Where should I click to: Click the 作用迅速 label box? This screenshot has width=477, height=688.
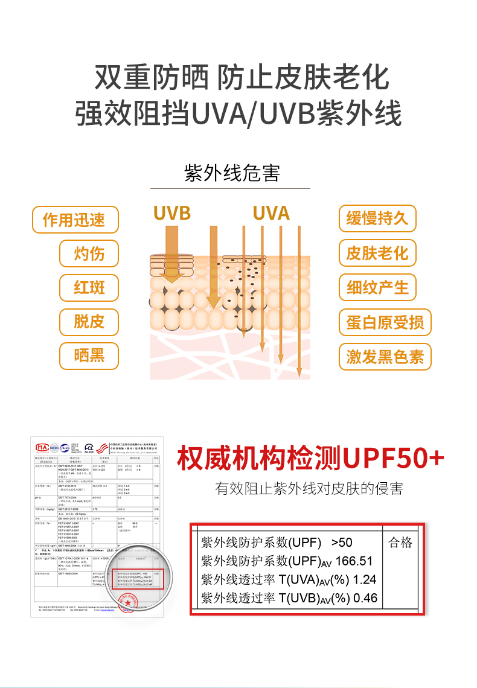pos(75,220)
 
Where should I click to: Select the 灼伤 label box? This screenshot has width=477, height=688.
pos(89,253)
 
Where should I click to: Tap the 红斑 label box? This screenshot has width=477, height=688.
pos(89,287)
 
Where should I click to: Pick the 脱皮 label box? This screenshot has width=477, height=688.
pos(89,321)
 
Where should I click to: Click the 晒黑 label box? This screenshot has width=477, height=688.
pos(89,355)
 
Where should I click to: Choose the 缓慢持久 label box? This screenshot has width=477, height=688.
pos(377,218)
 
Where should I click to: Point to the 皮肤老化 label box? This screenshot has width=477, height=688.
pos(377,253)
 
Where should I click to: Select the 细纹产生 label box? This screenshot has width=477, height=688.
pos(377,287)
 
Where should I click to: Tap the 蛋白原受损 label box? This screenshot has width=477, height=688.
pos(385,322)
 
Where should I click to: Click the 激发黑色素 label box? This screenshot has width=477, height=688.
pos(385,356)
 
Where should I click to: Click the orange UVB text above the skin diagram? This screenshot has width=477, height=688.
pos(171,213)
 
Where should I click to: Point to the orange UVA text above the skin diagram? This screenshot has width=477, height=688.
pos(271,213)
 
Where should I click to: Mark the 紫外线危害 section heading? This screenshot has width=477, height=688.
pos(232,173)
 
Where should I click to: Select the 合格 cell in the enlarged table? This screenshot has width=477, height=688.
pos(400,543)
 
